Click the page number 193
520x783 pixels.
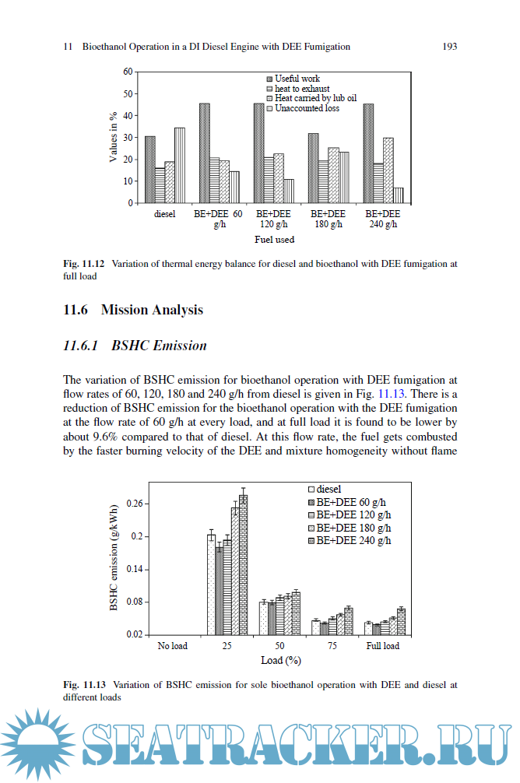click(449, 47)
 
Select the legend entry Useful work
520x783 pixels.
click(297, 79)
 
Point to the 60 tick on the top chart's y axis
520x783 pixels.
click(128, 72)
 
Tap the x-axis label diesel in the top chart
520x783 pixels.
click(165, 213)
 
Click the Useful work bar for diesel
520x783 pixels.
click(149, 170)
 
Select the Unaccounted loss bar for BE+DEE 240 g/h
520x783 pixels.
click(398, 195)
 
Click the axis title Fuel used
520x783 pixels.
click(274, 240)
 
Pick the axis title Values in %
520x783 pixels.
click(114, 137)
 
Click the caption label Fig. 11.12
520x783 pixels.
click(85, 264)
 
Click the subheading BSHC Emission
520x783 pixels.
click(159, 345)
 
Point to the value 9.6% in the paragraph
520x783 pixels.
click(109, 437)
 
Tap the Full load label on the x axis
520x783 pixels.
click(382, 646)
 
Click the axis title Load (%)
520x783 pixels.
click(281, 660)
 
